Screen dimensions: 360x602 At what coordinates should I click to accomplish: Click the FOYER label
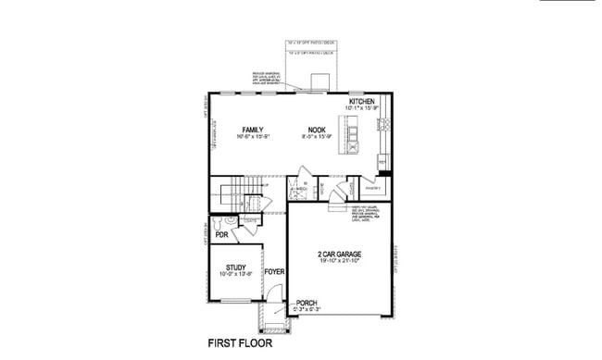(274, 271)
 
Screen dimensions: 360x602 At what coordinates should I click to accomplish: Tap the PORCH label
(307, 303)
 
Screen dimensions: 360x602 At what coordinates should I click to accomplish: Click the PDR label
(221, 235)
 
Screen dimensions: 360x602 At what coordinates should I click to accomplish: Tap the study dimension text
(236, 274)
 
